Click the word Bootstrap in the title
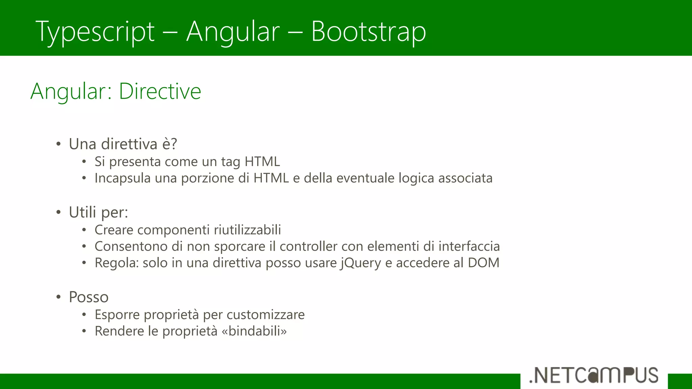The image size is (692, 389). tap(368, 31)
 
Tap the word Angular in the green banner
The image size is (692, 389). tap(233, 31)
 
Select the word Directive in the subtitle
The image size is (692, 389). tap(160, 92)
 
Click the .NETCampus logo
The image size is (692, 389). tap(594, 375)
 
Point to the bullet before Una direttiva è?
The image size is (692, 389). tap(58, 145)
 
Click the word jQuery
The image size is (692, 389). tap(360, 263)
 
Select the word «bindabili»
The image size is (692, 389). tap(254, 331)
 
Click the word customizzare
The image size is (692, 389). tap(265, 315)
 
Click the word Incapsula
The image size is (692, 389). tap(122, 178)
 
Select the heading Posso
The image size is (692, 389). tap(89, 297)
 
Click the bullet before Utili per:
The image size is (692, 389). tap(58, 213)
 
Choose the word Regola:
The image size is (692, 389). tap(117, 263)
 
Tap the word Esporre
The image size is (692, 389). tap(117, 315)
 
